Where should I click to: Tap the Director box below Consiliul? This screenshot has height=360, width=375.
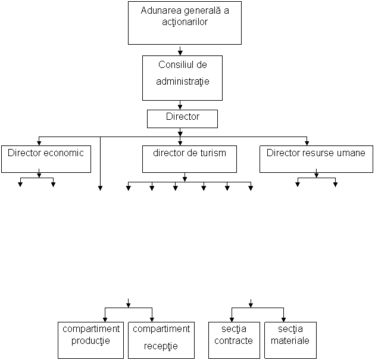point(182,119)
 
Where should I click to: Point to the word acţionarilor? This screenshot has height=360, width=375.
point(185,22)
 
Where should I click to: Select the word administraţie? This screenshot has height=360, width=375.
point(183,80)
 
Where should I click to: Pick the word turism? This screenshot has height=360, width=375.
point(212,153)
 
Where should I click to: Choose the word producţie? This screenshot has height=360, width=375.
point(90,341)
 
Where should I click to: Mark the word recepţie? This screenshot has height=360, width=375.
point(161,346)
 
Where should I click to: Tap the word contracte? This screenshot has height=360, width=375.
point(233,341)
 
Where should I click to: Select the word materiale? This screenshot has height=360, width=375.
point(290,341)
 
